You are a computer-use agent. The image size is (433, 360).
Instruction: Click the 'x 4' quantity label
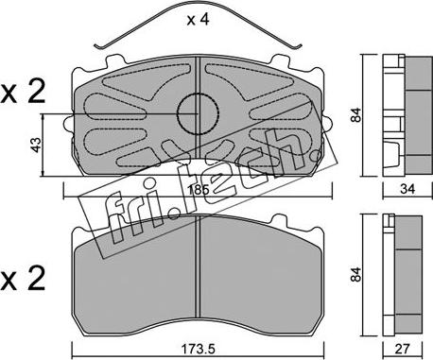coord(198,20)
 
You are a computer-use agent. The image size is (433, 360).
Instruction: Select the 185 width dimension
coord(198,190)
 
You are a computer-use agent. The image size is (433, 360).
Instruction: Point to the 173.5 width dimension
coord(198,349)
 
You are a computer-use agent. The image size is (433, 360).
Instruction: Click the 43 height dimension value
coord(37,145)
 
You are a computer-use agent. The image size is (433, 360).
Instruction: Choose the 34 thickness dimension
coord(407,189)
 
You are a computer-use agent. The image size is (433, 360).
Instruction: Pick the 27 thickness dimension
coord(403,349)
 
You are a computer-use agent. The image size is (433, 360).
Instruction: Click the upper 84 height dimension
coord(356,115)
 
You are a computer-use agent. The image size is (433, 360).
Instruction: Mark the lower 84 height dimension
coord(356,274)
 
